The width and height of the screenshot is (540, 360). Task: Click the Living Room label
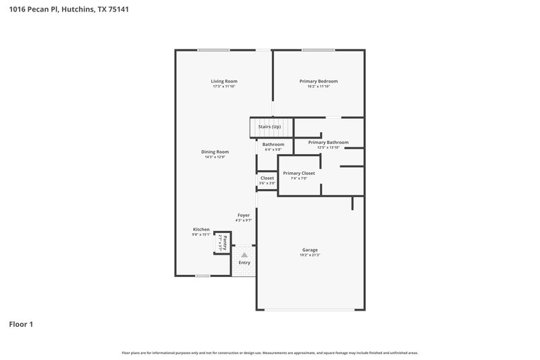tap(225, 81)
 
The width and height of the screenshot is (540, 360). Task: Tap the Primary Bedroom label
tap(319, 81)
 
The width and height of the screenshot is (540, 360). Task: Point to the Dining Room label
tap(215, 152)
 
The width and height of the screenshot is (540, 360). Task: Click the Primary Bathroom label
tap(328, 143)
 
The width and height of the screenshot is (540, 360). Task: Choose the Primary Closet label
tap(298, 174)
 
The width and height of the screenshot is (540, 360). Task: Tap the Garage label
tap(310, 250)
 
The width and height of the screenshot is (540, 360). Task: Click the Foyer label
tap(243, 215)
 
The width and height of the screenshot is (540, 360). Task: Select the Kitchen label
tap(201, 230)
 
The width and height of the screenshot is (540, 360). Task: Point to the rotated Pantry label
tap(220, 242)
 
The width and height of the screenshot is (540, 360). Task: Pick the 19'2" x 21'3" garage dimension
tap(310, 255)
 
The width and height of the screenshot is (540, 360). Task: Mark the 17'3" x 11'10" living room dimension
tap(225, 86)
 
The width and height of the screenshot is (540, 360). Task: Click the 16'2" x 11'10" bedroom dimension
tap(319, 86)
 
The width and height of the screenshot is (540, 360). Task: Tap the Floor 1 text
tap(21, 324)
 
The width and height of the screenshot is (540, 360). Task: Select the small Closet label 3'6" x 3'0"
tap(267, 180)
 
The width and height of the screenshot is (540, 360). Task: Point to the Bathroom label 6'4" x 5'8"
tap(273, 147)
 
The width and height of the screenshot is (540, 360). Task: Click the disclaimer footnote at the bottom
tap(269, 353)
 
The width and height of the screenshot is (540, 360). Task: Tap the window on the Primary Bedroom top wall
tap(318, 49)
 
